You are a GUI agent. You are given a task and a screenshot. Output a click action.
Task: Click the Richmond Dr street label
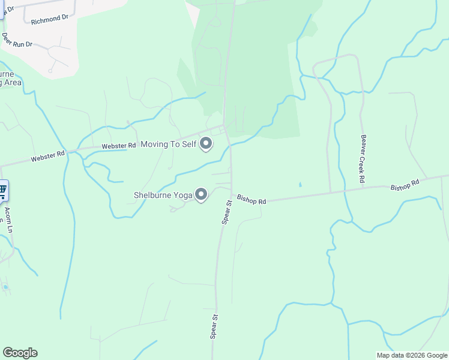(50, 19)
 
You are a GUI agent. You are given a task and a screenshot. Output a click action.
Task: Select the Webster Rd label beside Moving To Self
(119, 145)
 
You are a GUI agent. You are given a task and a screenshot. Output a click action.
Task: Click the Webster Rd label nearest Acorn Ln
(47, 157)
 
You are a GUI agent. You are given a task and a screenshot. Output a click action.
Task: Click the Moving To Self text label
(168, 144)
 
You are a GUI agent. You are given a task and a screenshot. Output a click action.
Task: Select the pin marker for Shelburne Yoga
(201, 195)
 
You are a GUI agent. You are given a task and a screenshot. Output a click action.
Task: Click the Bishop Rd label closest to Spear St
(251, 199)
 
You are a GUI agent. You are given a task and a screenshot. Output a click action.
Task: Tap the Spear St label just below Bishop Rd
(227, 212)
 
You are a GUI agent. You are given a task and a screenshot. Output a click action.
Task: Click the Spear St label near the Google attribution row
(213, 326)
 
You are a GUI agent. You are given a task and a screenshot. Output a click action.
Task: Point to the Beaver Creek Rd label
(363, 158)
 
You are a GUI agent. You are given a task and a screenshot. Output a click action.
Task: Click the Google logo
(20, 353)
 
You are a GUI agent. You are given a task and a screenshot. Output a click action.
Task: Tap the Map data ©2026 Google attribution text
(412, 355)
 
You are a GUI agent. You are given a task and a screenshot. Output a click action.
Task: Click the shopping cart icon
(3, 191)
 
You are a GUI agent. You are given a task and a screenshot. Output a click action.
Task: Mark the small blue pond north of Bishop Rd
(300, 184)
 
